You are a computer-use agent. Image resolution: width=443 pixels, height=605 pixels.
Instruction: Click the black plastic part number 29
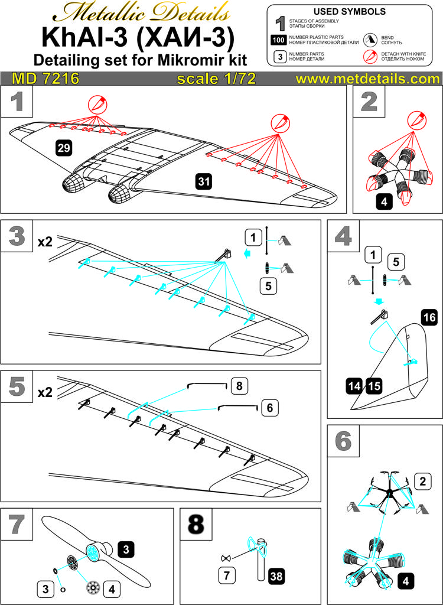click(64, 148)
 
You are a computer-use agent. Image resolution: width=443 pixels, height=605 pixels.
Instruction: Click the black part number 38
click(275, 577)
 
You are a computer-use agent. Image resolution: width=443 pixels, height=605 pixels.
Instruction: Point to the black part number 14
click(355, 386)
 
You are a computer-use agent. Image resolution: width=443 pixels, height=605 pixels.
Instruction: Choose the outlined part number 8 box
click(239, 386)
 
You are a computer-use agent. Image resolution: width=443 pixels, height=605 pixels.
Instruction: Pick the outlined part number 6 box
click(269, 408)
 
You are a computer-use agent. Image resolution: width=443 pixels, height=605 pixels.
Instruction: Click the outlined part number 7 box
click(226, 575)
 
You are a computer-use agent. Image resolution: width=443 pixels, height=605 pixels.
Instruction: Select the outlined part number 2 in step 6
click(422, 481)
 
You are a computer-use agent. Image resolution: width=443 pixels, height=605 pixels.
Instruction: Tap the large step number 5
click(17, 387)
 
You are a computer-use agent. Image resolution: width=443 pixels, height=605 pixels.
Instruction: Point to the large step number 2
click(369, 102)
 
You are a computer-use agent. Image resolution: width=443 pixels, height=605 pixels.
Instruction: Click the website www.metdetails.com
click(368, 79)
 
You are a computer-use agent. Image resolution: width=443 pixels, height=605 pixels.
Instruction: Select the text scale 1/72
click(216, 79)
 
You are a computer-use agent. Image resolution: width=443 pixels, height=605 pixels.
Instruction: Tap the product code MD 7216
click(45, 79)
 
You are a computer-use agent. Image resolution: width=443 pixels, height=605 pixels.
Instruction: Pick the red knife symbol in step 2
click(416, 120)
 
